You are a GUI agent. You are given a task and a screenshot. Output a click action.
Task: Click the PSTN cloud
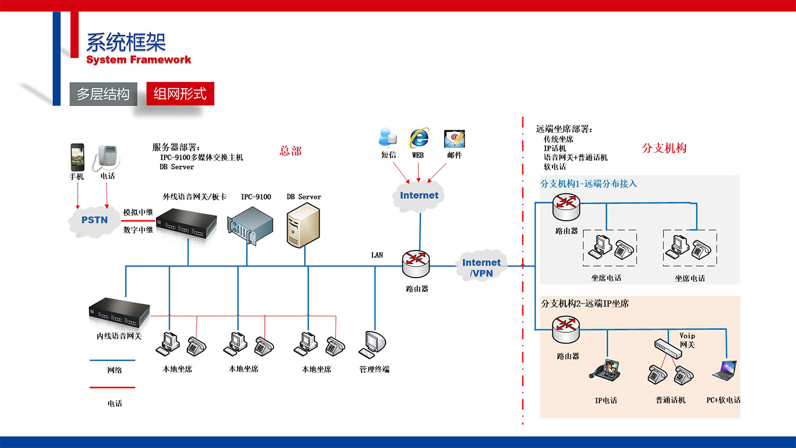(x=94, y=220)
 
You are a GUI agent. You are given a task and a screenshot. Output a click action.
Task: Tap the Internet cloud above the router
(x=419, y=195)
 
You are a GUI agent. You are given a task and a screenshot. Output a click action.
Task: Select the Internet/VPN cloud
(x=481, y=267)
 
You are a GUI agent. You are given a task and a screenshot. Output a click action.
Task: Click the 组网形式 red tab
(x=180, y=94)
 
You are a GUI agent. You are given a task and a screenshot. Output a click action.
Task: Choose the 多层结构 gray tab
(x=103, y=94)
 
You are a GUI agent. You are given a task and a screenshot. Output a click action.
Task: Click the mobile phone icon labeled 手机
(x=77, y=157)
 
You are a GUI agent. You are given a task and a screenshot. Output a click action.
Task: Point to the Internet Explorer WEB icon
(x=419, y=139)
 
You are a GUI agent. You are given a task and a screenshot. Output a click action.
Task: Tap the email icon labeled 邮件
(x=454, y=139)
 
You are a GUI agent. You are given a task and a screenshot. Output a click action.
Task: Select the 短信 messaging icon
(x=388, y=137)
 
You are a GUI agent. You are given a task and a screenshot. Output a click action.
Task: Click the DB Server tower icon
(x=303, y=226)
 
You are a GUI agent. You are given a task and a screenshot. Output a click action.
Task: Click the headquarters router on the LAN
(x=416, y=264)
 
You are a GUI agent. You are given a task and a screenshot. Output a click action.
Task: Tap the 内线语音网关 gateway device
(x=119, y=314)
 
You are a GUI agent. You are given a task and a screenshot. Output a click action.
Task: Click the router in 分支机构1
(x=566, y=207)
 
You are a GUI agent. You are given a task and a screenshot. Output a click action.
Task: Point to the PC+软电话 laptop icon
(x=724, y=371)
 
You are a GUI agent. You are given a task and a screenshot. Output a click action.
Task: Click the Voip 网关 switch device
(x=667, y=348)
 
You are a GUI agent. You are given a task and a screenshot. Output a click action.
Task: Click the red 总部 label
(x=290, y=151)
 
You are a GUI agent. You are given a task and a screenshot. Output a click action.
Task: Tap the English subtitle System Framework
(x=139, y=59)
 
